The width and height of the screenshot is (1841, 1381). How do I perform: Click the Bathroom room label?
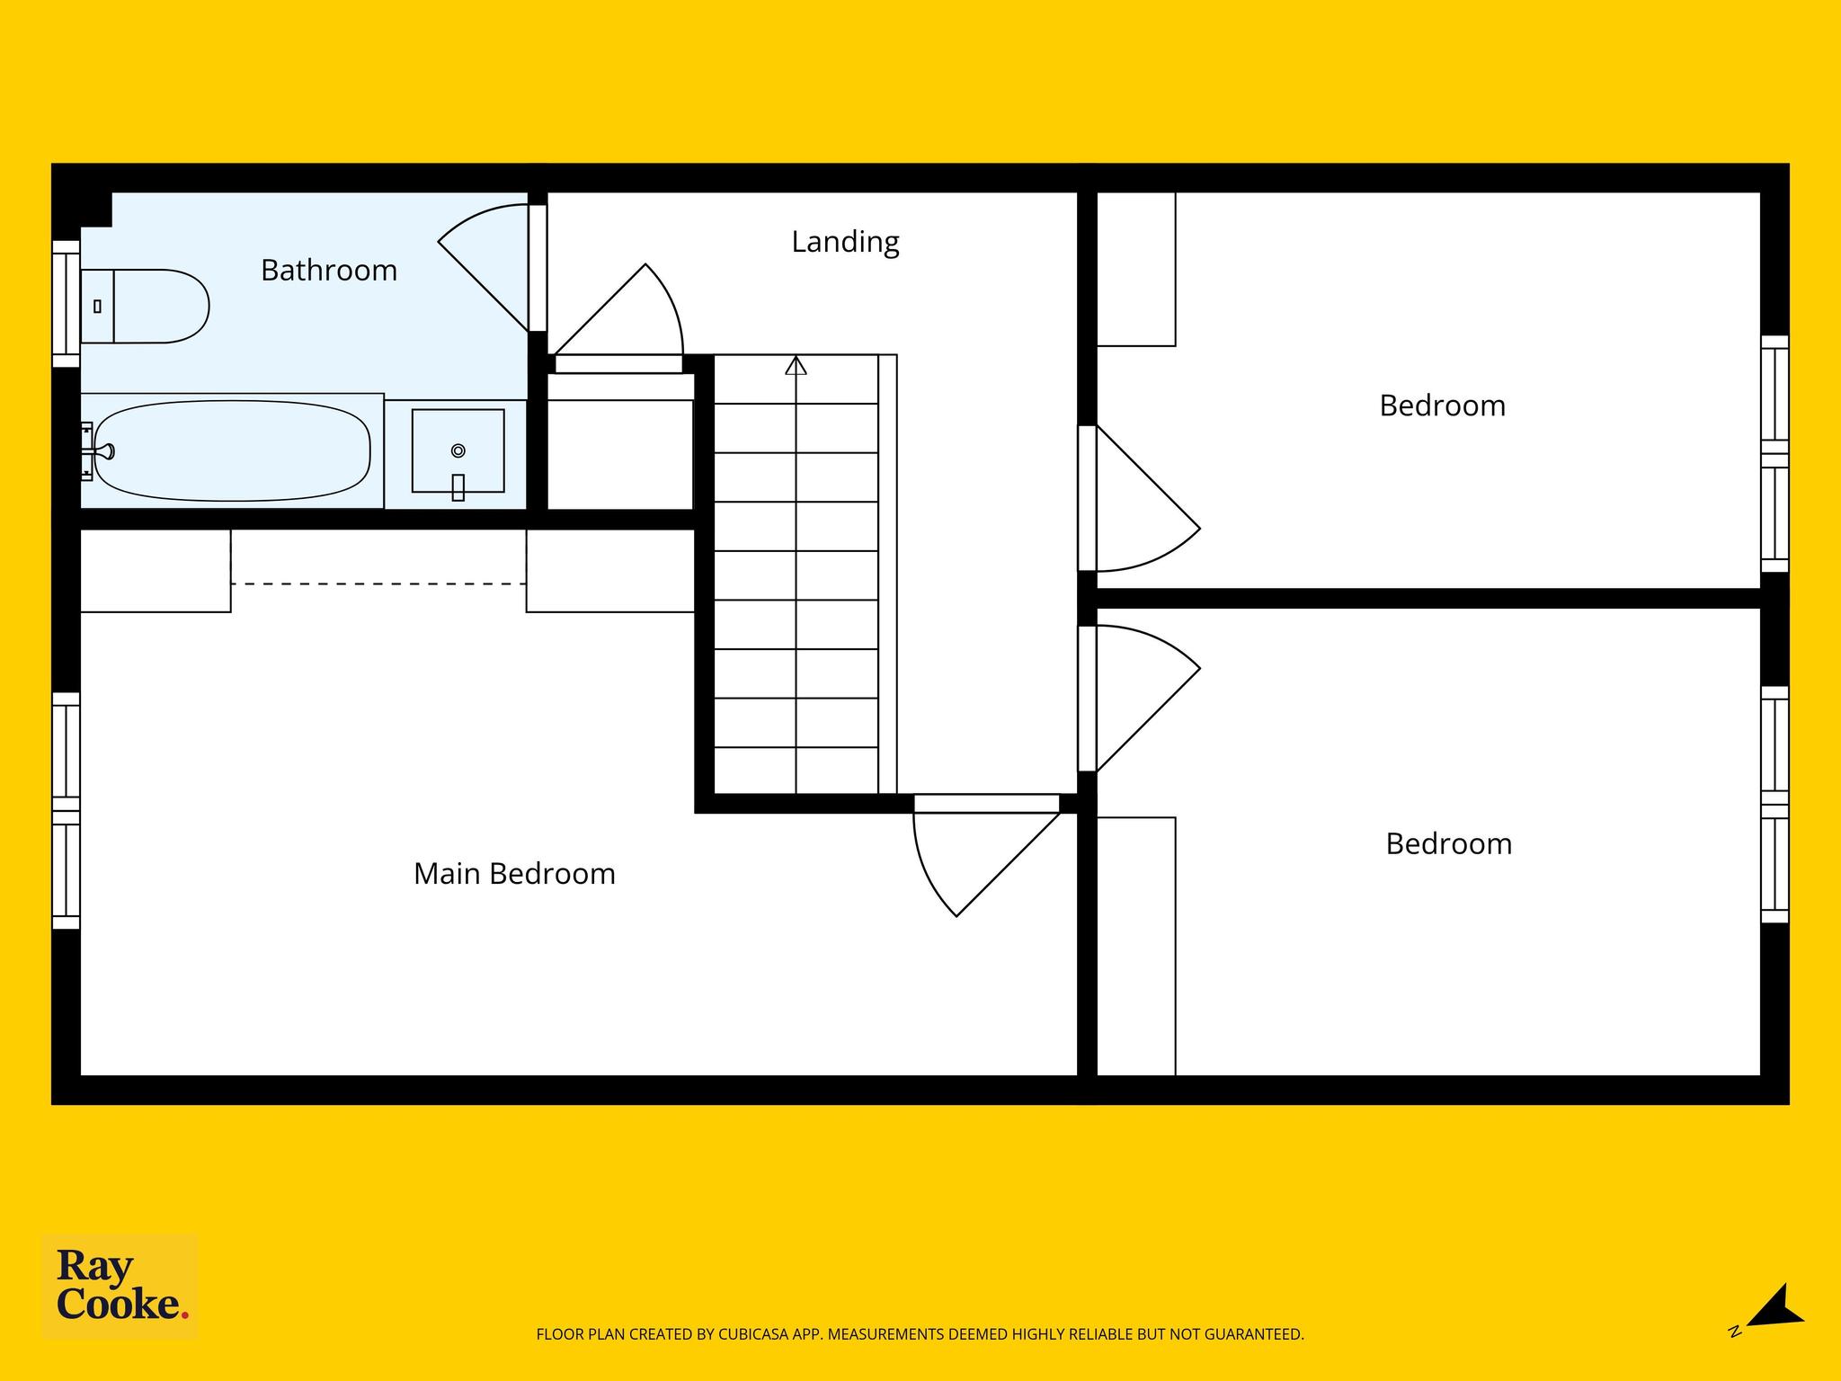coord(329,270)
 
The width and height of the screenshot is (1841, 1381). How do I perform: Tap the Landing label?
coord(845,242)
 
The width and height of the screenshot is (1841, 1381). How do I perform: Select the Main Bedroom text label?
coord(514,874)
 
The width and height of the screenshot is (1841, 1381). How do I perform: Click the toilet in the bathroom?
coord(145,306)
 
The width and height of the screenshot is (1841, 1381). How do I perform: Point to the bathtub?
coord(233,450)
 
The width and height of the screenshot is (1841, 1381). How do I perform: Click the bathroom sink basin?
coord(458,450)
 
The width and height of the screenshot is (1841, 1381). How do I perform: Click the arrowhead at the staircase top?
coord(796,366)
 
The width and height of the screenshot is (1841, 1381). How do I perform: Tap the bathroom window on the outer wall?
coord(67,304)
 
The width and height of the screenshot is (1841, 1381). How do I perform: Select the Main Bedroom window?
coord(67,810)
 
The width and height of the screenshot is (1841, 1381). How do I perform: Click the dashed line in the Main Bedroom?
coord(378,584)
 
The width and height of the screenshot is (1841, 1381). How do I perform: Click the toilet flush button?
coord(97,307)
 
